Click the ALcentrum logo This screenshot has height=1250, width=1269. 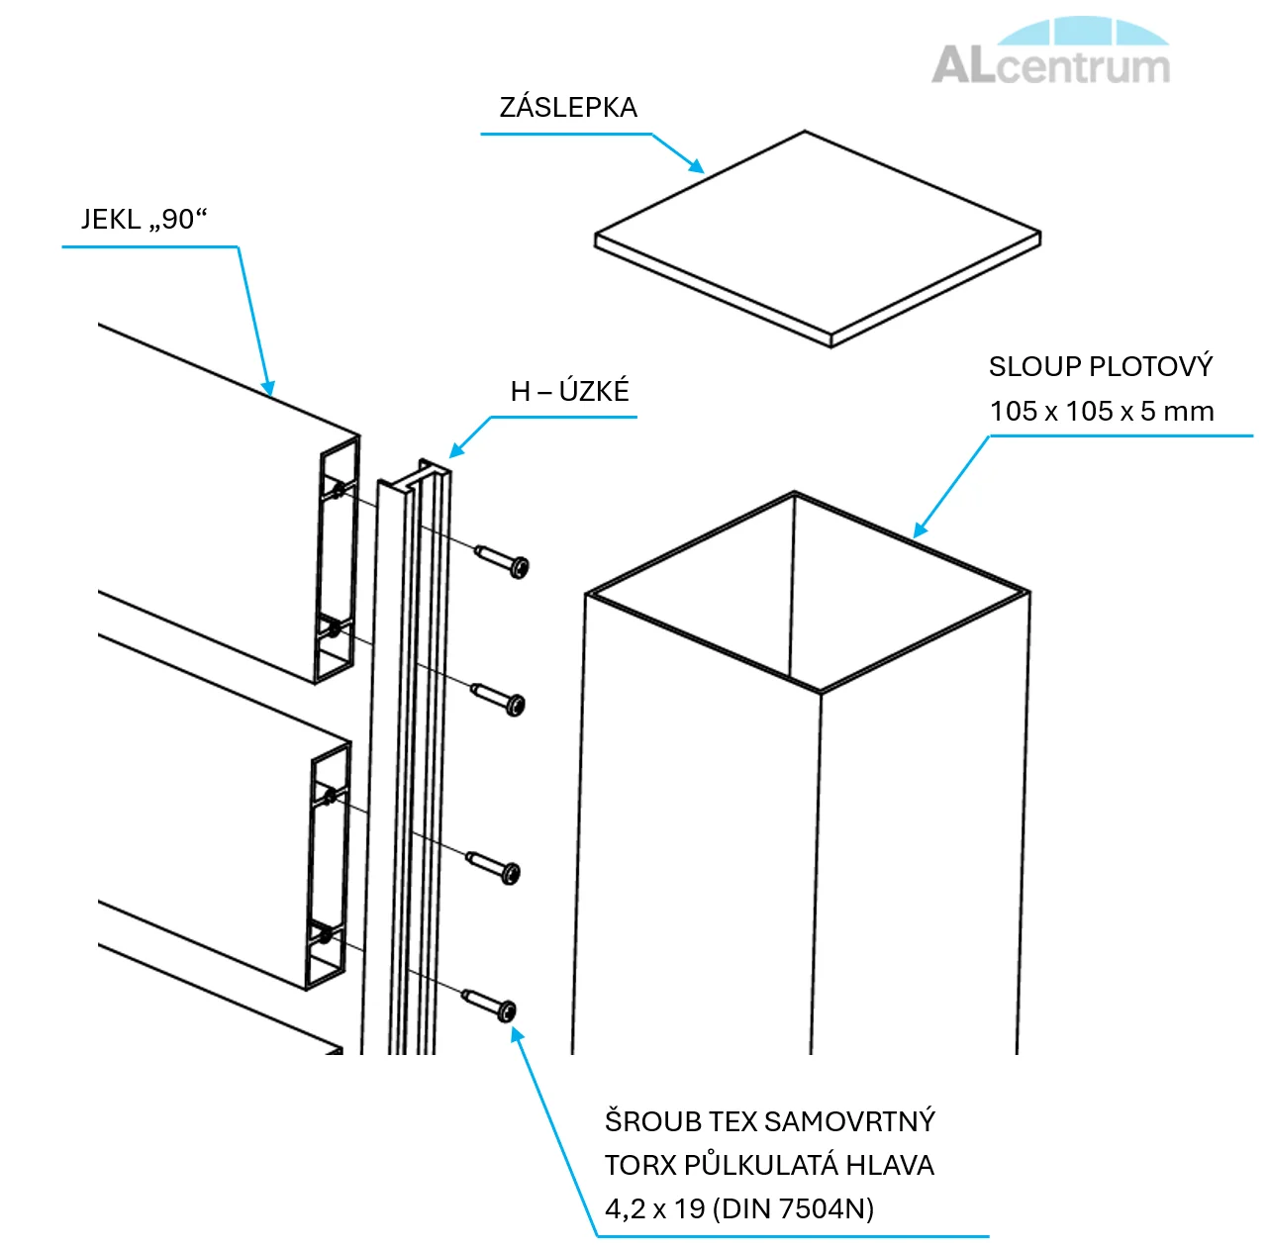(1051, 53)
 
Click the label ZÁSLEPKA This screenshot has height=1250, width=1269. (567, 108)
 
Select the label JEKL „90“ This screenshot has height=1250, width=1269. (145, 219)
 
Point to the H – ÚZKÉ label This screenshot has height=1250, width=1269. (569, 392)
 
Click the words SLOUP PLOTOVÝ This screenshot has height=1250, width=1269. (1100, 367)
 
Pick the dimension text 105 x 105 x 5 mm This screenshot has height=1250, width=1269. (1101, 412)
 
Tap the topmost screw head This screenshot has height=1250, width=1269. (517, 567)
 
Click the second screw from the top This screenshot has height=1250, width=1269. (513, 705)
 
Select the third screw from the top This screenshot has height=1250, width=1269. (509, 873)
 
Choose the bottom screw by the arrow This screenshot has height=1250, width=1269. (505, 1010)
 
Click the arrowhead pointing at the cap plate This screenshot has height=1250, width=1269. (697, 167)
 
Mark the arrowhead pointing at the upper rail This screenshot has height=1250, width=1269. (268, 388)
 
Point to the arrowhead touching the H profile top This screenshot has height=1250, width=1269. (455, 451)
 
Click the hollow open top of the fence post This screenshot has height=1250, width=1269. (807, 589)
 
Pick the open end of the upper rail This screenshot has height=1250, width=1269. (337, 559)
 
